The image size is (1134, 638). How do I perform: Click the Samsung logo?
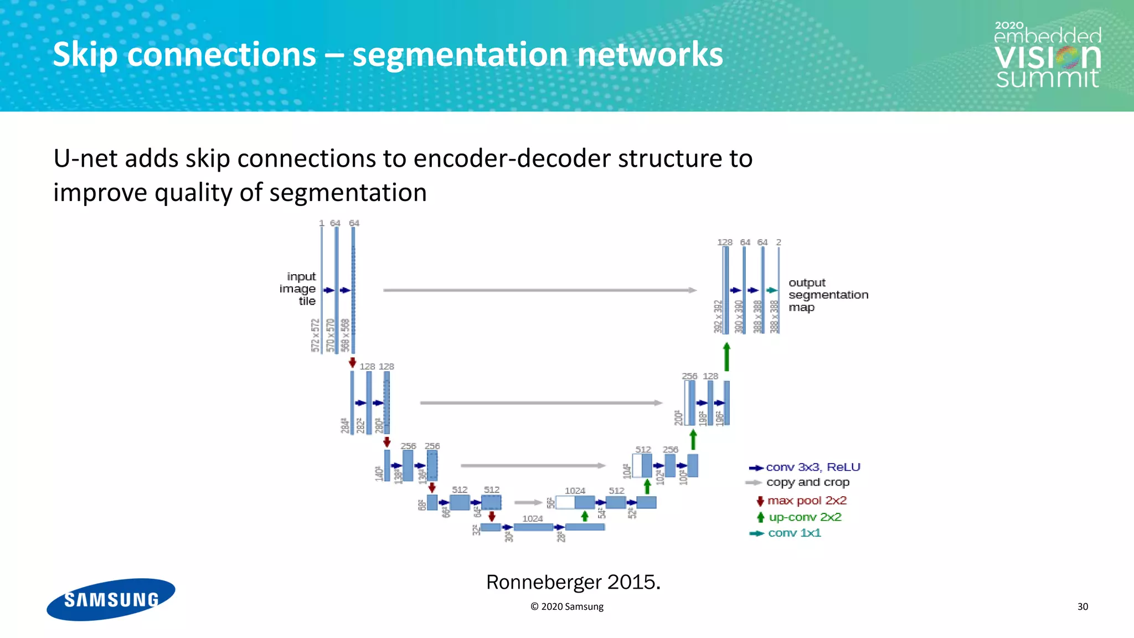pyautogui.click(x=111, y=599)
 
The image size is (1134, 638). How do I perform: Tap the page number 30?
pyautogui.click(x=1083, y=606)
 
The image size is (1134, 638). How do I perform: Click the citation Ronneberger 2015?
pyautogui.click(x=573, y=582)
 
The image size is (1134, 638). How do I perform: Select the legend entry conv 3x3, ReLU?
pyautogui.click(x=812, y=467)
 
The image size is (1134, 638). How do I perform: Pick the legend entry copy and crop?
pyautogui.click(x=807, y=482)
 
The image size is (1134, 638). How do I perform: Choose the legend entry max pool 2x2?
pyautogui.click(x=806, y=501)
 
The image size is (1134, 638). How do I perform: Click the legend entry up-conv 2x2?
pyautogui.click(x=805, y=517)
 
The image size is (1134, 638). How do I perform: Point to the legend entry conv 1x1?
pyautogui.click(x=794, y=533)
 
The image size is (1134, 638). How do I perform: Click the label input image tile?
pyautogui.click(x=299, y=289)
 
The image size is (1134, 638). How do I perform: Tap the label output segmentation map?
pyautogui.click(x=827, y=295)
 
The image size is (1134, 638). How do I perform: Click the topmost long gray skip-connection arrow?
pyautogui.click(x=540, y=290)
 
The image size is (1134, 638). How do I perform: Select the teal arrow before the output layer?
pyautogui.click(x=772, y=290)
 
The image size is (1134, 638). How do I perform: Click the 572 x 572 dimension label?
pyautogui.click(x=315, y=335)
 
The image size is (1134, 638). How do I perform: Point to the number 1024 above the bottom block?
pyautogui.click(x=532, y=518)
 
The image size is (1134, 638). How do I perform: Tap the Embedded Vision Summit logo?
pyautogui.click(x=1047, y=55)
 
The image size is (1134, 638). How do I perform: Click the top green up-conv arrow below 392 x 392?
pyautogui.click(x=726, y=357)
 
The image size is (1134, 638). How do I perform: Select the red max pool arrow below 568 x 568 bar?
pyautogui.click(x=352, y=362)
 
